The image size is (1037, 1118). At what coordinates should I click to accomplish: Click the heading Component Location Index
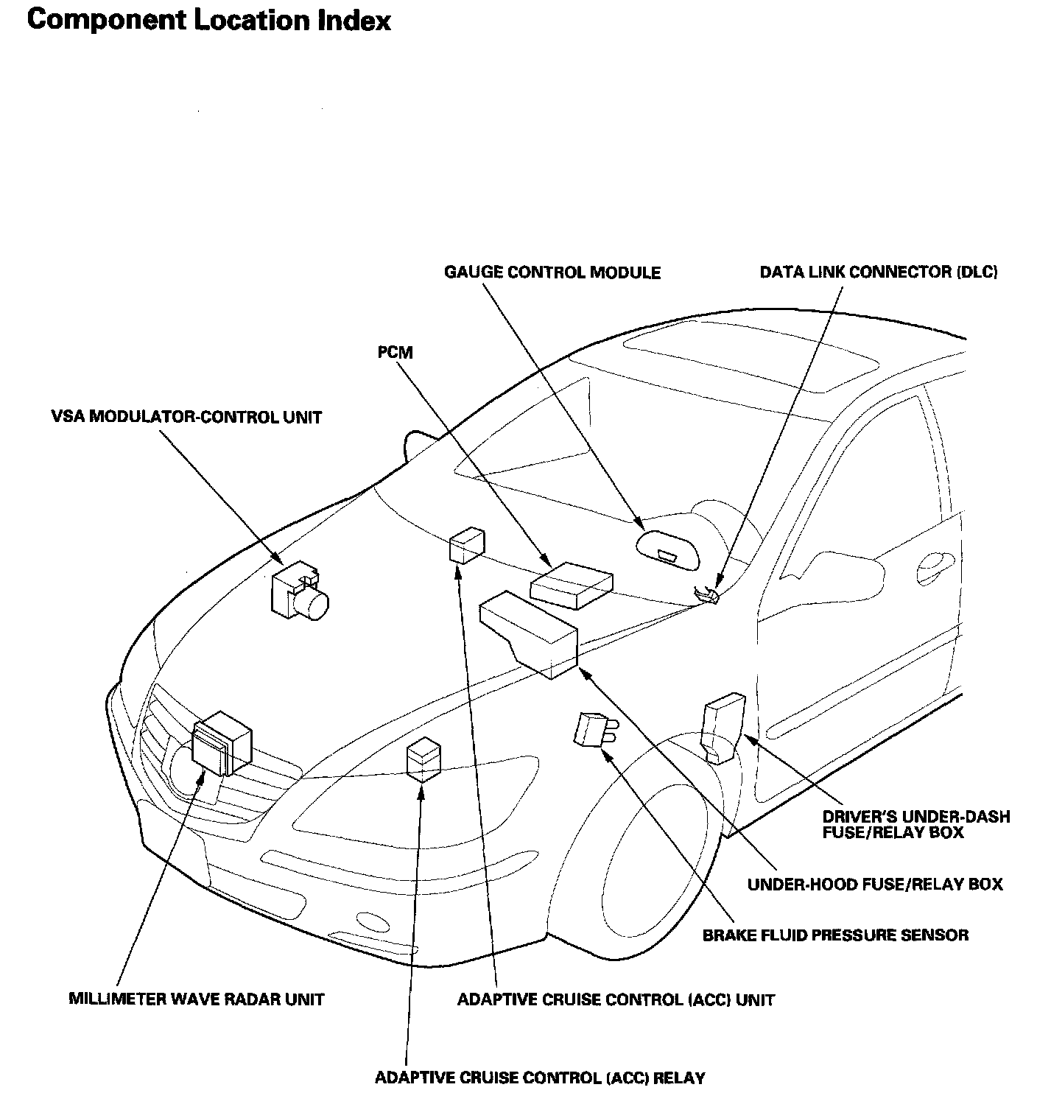pyautogui.click(x=208, y=21)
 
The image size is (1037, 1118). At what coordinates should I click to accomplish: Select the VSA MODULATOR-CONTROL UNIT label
pyautogui.click(x=186, y=418)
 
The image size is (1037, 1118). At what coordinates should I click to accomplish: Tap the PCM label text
pyautogui.click(x=396, y=353)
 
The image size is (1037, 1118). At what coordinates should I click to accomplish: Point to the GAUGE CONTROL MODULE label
pyautogui.click(x=552, y=273)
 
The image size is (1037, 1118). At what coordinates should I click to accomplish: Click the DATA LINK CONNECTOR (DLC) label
pyautogui.click(x=878, y=273)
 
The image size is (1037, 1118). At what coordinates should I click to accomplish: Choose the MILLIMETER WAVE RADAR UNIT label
pyautogui.click(x=196, y=999)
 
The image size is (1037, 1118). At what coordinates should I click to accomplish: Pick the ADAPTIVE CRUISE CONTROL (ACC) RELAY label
pyautogui.click(x=540, y=1078)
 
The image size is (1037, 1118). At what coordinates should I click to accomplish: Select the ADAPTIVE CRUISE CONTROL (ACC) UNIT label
pyautogui.click(x=616, y=999)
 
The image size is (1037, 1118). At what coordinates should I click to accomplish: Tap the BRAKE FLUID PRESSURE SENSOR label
pyautogui.click(x=835, y=935)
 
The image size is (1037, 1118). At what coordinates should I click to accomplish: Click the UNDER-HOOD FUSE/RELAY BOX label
pyautogui.click(x=875, y=884)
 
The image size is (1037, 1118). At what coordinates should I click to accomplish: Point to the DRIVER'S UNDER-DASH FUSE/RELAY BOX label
pyautogui.click(x=915, y=825)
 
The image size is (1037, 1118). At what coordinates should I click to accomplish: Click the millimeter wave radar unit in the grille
pyautogui.click(x=221, y=744)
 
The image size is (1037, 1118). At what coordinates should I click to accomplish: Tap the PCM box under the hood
pyautogui.click(x=572, y=585)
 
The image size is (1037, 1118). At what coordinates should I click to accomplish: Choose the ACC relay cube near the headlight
pyautogui.click(x=423, y=759)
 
